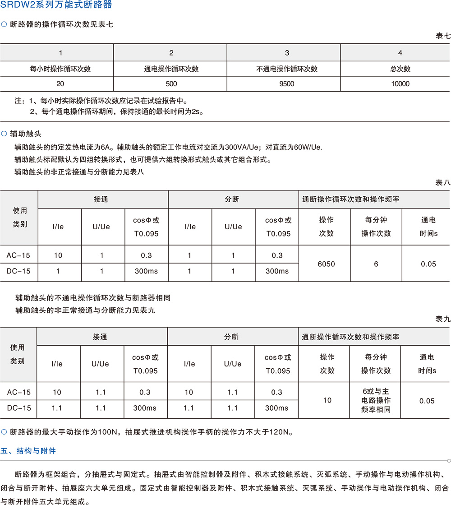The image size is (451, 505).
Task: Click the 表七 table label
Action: point(443,36)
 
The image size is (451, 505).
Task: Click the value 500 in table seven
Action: point(171,83)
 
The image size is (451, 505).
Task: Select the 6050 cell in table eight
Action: point(326,264)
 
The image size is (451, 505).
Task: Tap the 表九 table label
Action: point(443,319)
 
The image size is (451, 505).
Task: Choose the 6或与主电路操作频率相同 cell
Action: point(376,401)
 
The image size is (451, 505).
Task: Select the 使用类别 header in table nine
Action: point(18,354)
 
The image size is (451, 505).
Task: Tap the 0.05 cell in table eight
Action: point(428,264)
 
